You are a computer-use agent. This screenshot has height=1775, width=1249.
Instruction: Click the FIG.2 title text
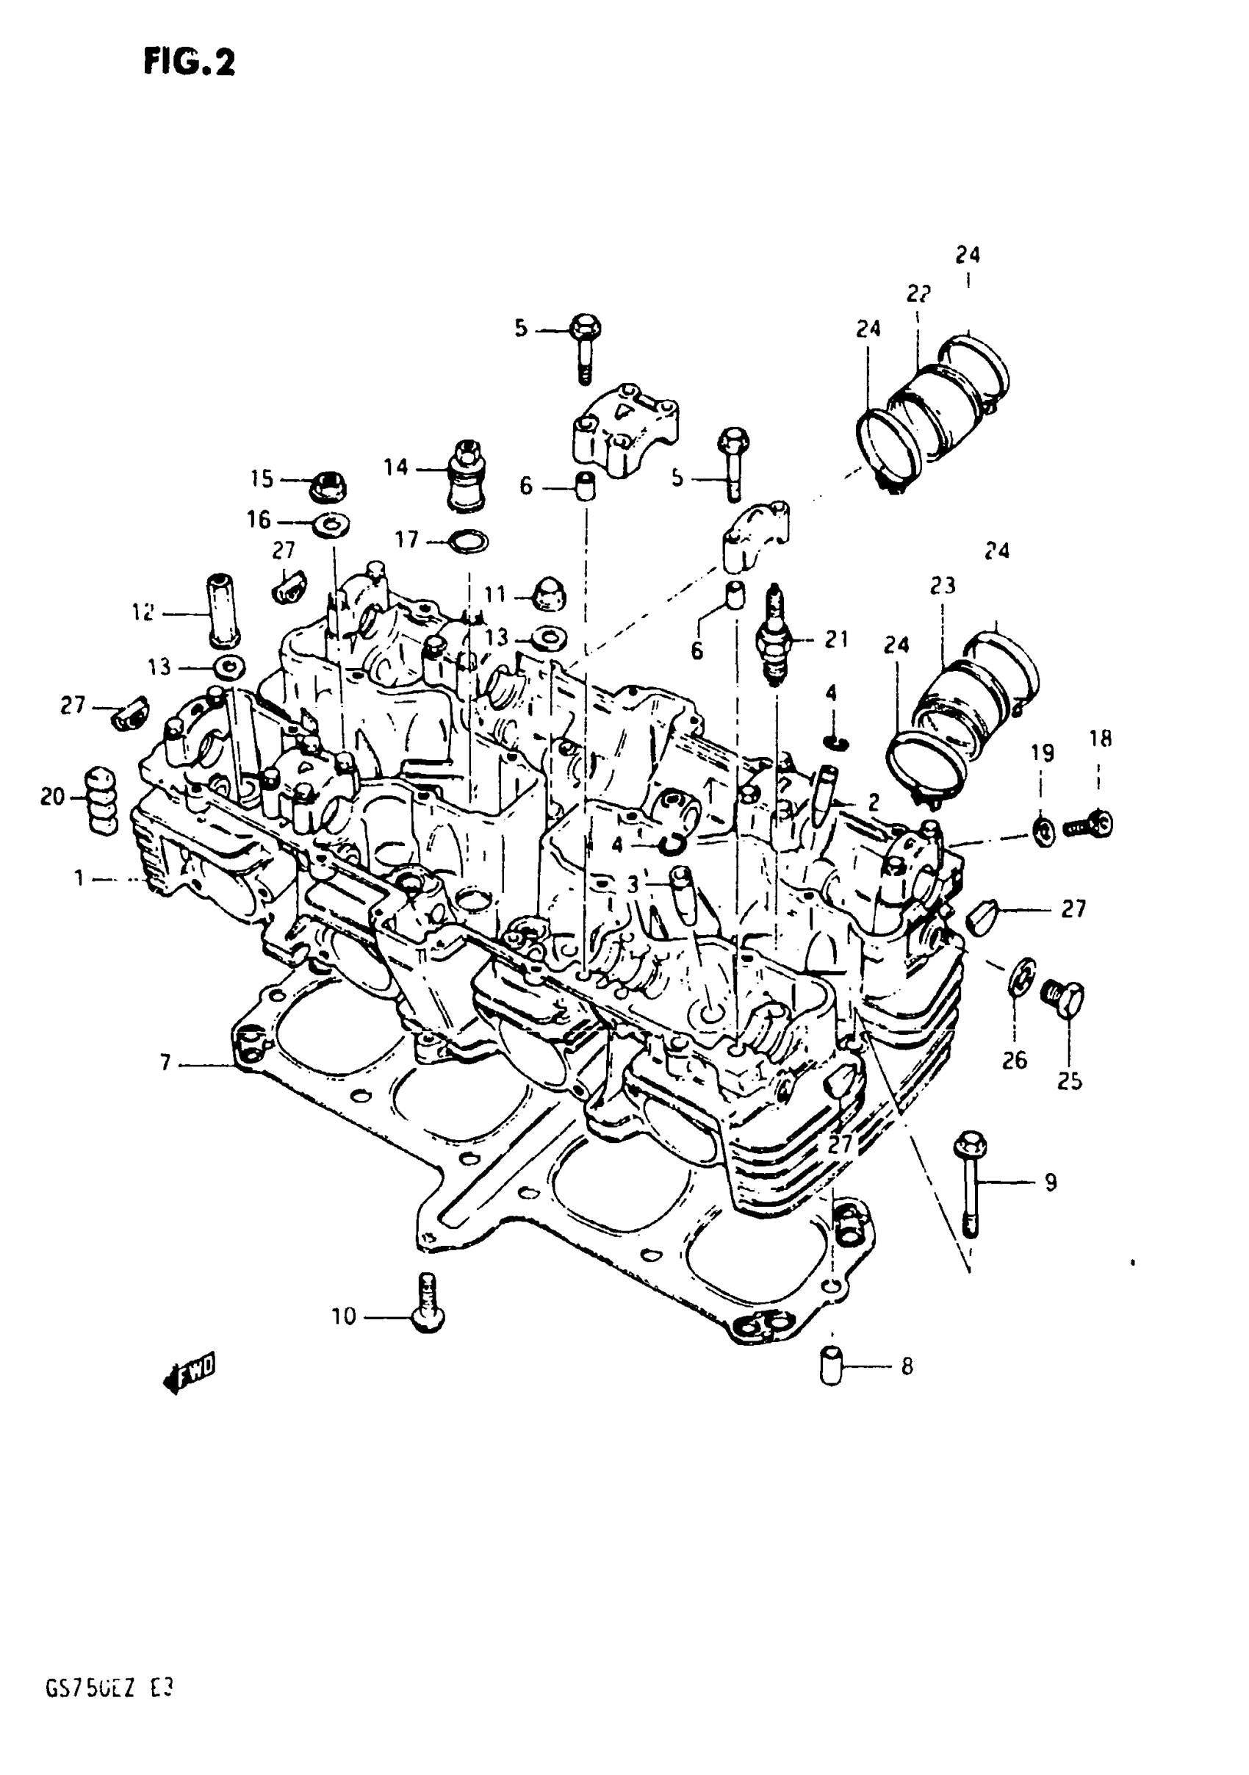pyautogui.click(x=189, y=62)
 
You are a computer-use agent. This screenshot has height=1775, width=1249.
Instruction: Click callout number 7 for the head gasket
pyautogui.click(x=165, y=1064)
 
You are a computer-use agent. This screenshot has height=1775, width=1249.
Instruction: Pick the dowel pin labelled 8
pyautogui.click(x=830, y=1366)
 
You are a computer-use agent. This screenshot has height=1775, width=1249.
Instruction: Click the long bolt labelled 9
pyautogui.click(x=971, y=1183)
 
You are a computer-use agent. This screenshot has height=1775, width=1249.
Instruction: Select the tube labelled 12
pyautogui.click(x=221, y=610)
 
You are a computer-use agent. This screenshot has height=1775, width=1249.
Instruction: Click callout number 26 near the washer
pyautogui.click(x=1015, y=1059)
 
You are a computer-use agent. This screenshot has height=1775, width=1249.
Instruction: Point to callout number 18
pyautogui.click(x=1101, y=739)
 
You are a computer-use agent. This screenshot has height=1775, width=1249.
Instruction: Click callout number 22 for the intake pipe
pyautogui.click(x=918, y=294)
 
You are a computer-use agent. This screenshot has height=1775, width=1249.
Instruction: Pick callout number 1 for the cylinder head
pyautogui.click(x=79, y=878)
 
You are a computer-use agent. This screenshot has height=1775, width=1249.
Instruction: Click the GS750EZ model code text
pyautogui.click(x=109, y=1710)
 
